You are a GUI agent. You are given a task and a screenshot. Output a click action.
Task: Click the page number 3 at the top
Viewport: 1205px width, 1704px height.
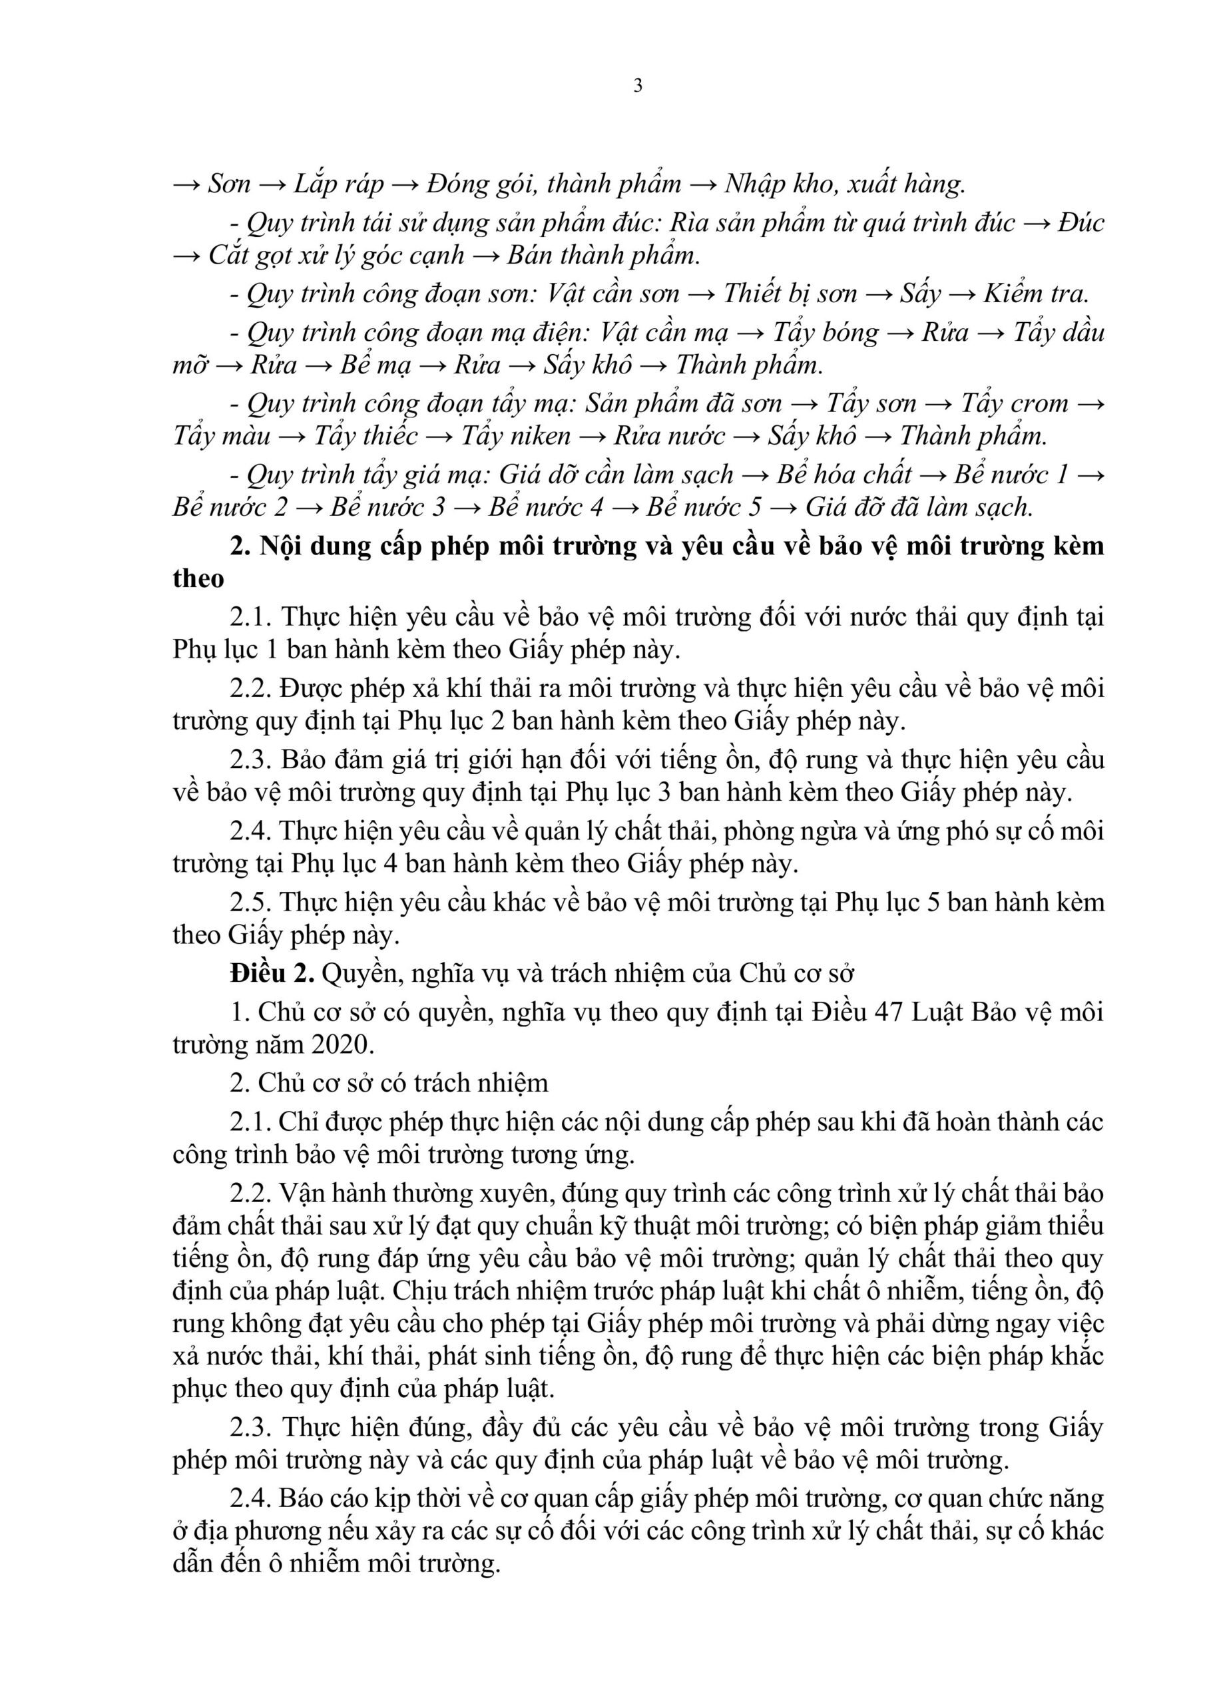tap(638, 87)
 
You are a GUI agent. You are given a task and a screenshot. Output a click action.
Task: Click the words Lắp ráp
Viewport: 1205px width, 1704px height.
tap(338, 183)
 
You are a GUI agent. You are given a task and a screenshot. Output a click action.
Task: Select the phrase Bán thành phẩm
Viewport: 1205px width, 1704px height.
tap(604, 256)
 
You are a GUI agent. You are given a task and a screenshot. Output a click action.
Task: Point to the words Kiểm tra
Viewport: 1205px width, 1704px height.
tap(1036, 294)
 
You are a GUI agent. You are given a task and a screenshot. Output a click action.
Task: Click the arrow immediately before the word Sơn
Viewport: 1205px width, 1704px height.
tap(186, 185)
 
